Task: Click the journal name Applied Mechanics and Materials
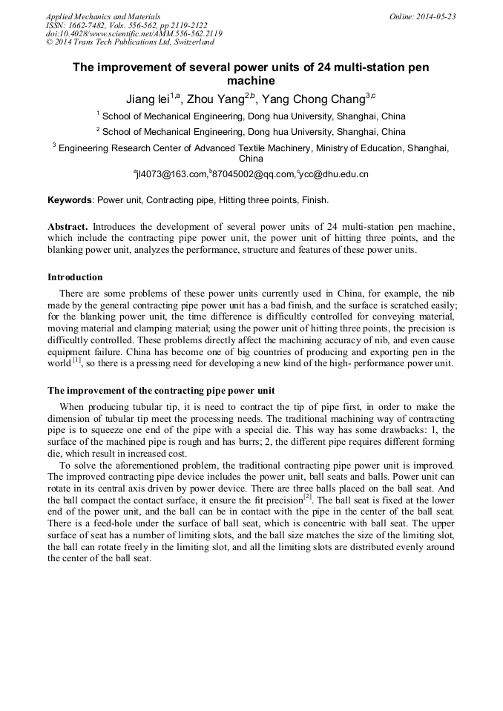pyautogui.click(x=103, y=16)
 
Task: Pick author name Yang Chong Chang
pyautogui.click(x=315, y=98)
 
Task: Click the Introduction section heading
pyautogui.click(x=75, y=277)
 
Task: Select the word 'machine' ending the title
pyautogui.click(x=251, y=81)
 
